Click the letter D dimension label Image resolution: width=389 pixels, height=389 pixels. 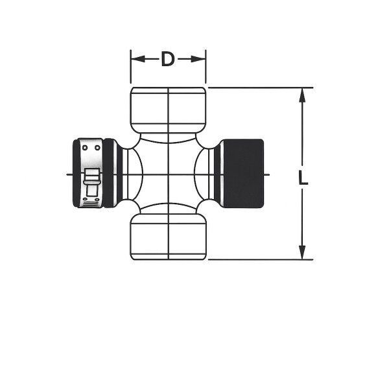(x=168, y=60)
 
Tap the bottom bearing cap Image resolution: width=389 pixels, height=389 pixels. (x=169, y=237)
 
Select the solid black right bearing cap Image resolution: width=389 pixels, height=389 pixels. (x=242, y=174)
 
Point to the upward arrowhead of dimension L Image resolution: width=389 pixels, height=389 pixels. (x=302, y=94)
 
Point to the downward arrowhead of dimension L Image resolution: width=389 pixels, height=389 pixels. (x=302, y=253)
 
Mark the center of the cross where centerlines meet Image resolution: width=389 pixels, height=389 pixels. (x=169, y=174)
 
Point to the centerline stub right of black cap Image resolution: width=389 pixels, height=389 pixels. (x=267, y=174)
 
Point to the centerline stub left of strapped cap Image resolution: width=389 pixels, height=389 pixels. (x=69, y=174)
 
